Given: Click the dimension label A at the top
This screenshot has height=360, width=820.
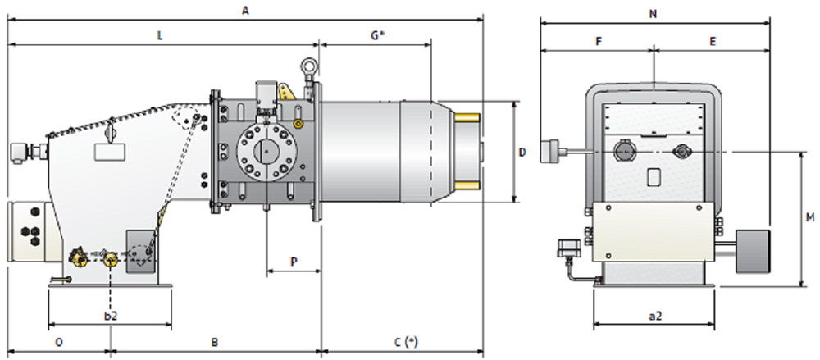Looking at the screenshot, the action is pyautogui.click(x=244, y=10).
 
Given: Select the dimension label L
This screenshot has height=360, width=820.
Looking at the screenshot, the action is pyautogui.click(x=160, y=36).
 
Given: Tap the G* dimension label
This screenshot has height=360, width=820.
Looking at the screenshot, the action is pyautogui.click(x=378, y=35).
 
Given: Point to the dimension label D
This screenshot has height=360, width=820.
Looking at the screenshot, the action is pyautogui.click(x=522, y=153).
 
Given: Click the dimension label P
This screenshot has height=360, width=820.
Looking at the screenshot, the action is pyautogui.click(x=294, y=262).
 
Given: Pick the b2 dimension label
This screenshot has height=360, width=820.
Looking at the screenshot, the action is pyautogui.click(x=111, y=316).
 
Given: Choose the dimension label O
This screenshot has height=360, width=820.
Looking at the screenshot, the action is pyautogui.click(x=59, y=342).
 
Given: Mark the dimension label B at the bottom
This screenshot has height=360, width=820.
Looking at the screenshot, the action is pyautogui.click(x=214, y=342).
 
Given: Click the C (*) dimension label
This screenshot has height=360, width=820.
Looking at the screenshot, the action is pyautogui.click(x=406, y=342).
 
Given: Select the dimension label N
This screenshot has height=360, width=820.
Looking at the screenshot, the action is pyautogui.click(x=653, y=14).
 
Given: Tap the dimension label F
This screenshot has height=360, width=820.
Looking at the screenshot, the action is pyautogui.click(x=599, y=41).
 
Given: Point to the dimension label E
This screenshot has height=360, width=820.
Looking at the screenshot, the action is pyautogui.click(x=713, y=41).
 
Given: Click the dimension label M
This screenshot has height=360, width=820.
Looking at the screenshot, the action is pyautogui.click(x=810, y=217).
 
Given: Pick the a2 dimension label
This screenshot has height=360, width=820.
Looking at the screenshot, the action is pyautogui.click(x=654, y=316).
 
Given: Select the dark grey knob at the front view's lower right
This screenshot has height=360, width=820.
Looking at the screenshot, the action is pyautogui.click(x=753, y=252).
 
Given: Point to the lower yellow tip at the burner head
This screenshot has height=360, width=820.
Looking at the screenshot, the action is pyautogui.click(x=467, y=186).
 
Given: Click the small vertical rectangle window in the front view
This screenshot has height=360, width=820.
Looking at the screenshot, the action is pyautogui.click(x=654, y=176).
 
